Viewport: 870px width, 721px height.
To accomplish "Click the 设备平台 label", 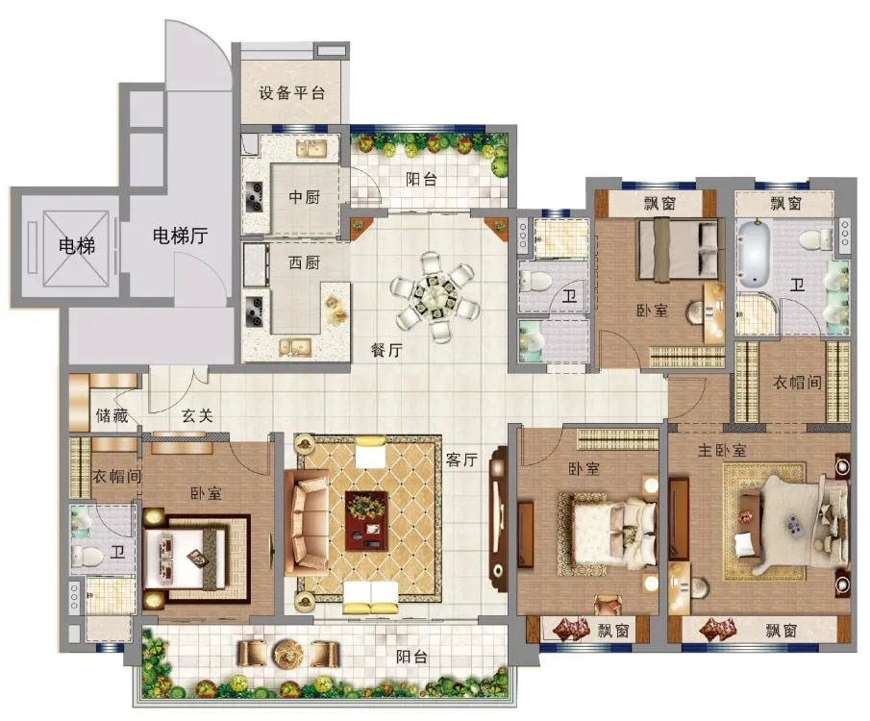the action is click(291, 92).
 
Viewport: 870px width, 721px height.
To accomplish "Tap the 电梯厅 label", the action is click(180, 236).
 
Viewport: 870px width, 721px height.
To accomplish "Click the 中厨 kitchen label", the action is click(304, 197).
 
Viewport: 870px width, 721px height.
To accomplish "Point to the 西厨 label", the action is click(304, 262).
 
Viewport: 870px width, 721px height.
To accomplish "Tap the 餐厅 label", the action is click(386, 350).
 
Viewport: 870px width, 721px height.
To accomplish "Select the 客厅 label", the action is click(461, 460).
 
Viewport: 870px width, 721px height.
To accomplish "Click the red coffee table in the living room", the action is click(366, 520).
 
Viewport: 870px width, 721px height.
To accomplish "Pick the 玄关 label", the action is click(197, 415).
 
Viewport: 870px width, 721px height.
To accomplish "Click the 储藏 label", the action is click(112, 415).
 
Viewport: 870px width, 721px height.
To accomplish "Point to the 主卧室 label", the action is click(722, 450).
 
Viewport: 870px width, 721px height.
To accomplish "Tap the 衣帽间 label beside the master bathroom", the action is click(797, 382).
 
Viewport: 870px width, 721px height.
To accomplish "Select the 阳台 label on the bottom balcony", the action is click(411, 658).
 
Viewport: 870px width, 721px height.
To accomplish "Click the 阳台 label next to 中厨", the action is click(421, 179).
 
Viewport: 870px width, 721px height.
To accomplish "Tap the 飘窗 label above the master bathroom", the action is click(785, 204).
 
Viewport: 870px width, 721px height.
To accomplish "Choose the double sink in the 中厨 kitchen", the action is click(311, 149).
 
